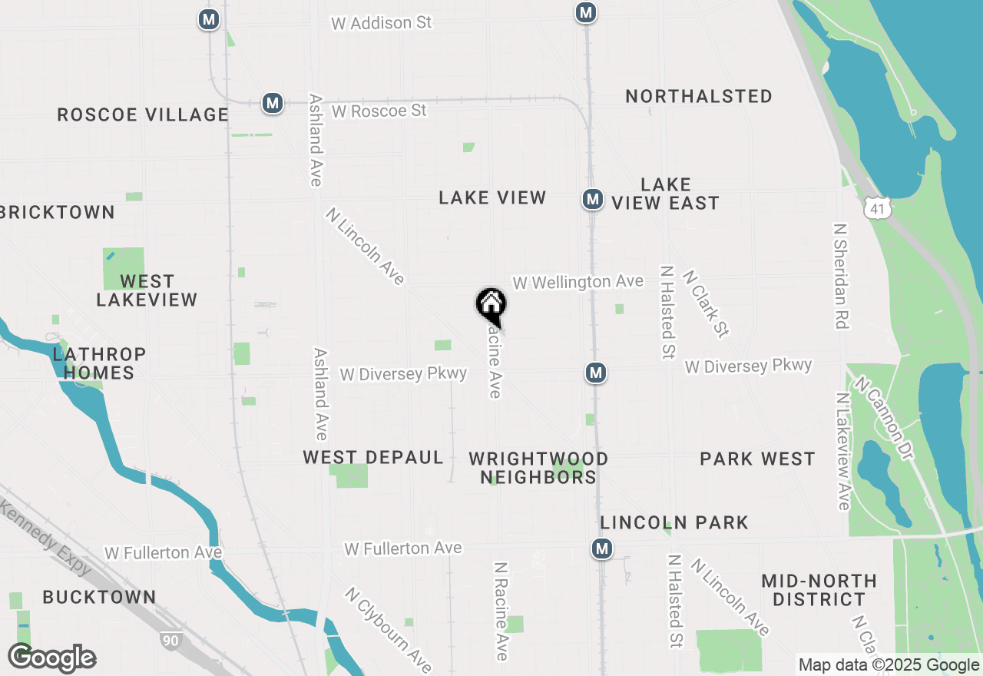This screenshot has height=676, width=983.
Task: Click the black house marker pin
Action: pos(491,305)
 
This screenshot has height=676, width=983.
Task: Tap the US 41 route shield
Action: pos(876,207)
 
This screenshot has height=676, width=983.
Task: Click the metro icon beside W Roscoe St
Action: pos(272,103)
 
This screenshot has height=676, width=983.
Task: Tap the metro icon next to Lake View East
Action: pos(591,200)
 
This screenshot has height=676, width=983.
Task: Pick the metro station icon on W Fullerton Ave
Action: pos(602,548)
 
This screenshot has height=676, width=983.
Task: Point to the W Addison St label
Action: pos(381,23)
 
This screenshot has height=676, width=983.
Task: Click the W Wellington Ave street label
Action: pos(578,282)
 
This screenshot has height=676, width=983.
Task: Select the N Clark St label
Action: pos(705,303)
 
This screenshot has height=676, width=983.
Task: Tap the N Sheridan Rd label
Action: pos(841,277)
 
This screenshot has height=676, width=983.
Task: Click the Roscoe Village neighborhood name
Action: pos(143,115)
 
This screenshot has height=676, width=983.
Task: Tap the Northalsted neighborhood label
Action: pos(699,97)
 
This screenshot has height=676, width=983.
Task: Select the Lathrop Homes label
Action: pos(99,363)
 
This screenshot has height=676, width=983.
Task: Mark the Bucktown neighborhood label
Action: pos(99,597)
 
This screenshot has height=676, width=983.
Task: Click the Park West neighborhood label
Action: pos(757,459)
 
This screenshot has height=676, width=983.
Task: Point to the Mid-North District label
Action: pos(819,590)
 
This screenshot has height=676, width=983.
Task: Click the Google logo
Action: pos(52,658)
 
